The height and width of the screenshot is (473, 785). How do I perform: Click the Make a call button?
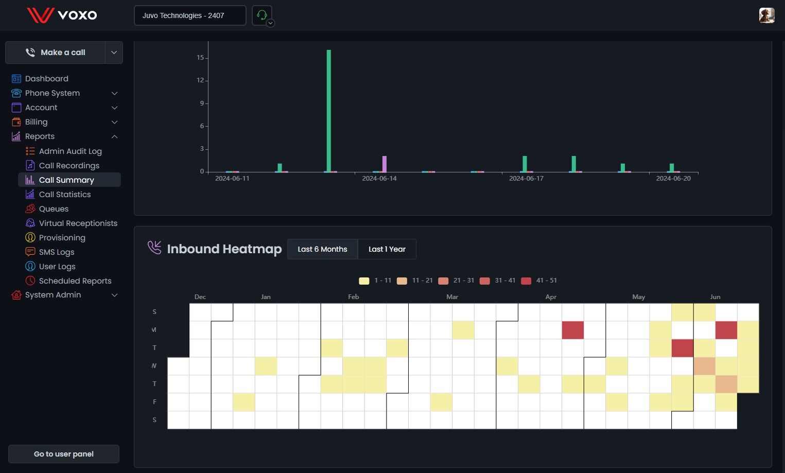click(56, 52)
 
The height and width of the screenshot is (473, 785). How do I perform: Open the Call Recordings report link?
click(69, 166)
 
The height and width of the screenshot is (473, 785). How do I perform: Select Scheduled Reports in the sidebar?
click(75, 281)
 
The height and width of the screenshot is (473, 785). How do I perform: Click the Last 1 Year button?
click(387, 249)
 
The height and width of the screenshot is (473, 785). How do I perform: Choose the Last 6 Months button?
click(322, 249)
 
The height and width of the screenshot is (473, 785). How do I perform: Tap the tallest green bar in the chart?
click(329, 111)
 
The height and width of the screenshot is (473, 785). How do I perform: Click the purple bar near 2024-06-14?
click(384, 164)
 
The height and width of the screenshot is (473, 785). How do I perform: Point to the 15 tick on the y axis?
click(200, 58)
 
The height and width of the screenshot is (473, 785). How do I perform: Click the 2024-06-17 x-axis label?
click(526, 179)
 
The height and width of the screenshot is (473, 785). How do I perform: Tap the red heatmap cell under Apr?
click(572, 330)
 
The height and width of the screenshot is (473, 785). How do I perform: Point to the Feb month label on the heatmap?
click(353, 297)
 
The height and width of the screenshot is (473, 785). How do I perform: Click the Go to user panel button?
click(64, 454)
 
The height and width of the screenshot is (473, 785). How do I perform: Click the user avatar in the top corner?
click(766, 15)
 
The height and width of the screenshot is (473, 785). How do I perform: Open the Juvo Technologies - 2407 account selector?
click(190, 15)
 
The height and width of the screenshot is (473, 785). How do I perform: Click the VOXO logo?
click(62, 15)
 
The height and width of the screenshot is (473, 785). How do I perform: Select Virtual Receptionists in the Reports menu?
click(78, 223)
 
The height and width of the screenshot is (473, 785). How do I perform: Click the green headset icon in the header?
click(261, 15)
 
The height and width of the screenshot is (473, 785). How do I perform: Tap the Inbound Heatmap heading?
click(224, 249)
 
